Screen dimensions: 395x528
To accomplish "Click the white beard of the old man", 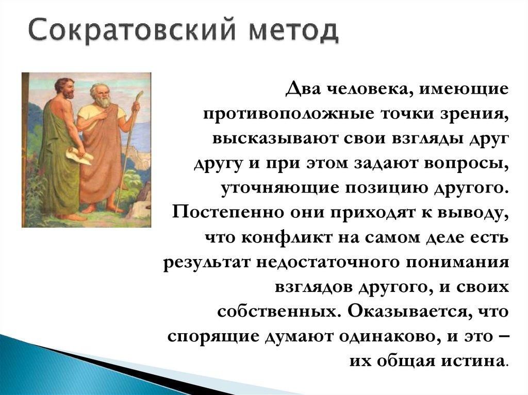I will click(x=104, y=101).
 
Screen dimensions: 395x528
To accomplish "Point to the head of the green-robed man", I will click(x=65, y=88).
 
